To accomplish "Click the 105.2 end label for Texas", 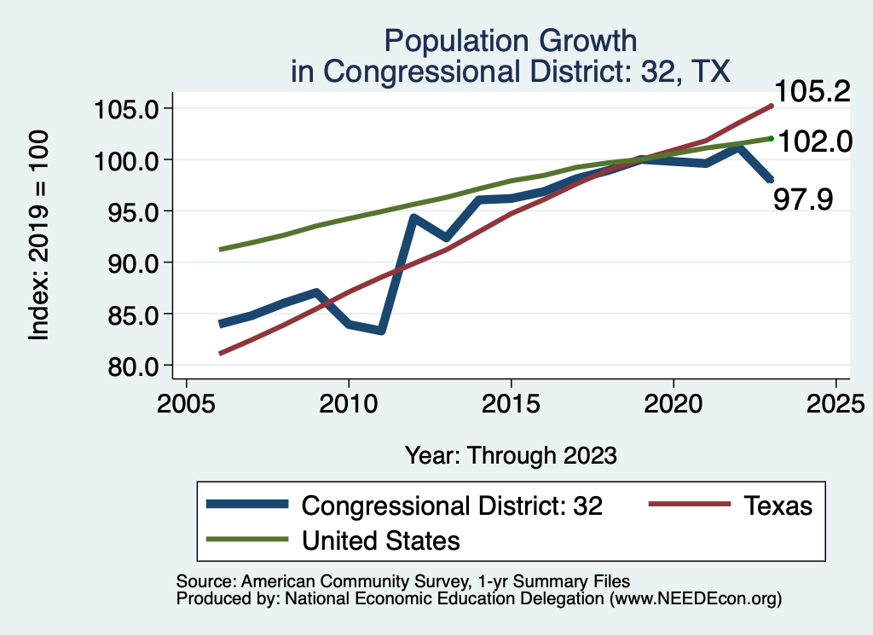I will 812,91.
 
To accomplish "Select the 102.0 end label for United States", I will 812,141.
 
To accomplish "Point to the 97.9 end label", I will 802,199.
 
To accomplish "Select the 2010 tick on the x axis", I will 349,401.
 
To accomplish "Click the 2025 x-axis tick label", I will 835,401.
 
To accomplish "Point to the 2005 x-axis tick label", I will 187,401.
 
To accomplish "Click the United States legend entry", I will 381,540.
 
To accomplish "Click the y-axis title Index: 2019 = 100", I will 39,235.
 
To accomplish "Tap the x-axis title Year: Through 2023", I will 510,455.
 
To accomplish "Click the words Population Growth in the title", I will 510,40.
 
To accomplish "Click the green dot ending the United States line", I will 771,138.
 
